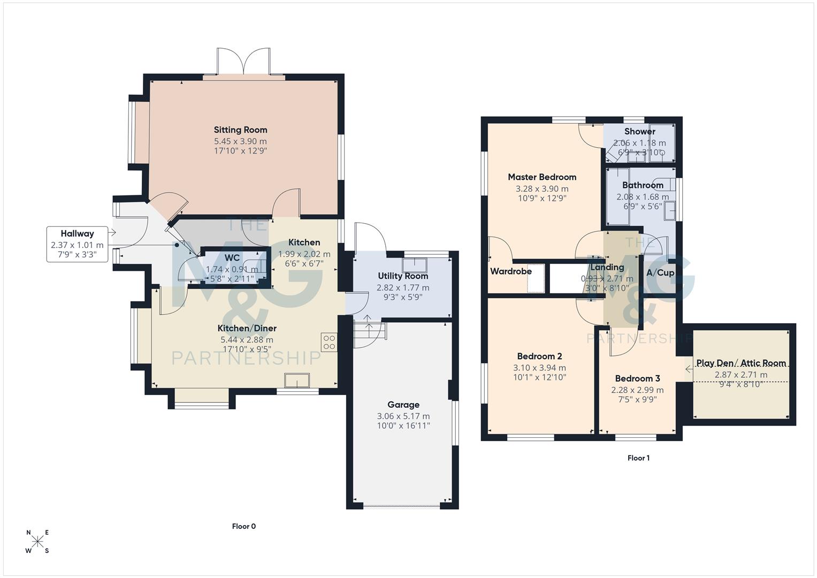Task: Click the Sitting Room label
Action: click(x=240, y=130)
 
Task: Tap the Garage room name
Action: click(x=403, y=405)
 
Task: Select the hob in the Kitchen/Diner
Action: click(x=329, y=342)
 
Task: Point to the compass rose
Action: click(x=37, y=542)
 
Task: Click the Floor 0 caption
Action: click(x=244, y=526)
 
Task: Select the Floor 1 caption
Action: click(x=638, y=458)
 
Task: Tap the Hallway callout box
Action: click(x=77, y=244)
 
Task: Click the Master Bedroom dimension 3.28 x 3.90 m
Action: click(x=542, y=188)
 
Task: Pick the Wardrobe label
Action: click(x=511, y=271)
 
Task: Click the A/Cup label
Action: click(x=660, y=272)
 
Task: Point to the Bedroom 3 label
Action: click(x=637, y=378)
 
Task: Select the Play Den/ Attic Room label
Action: click(x=741, y=363)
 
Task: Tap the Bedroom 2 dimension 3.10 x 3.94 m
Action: click(x=539, y=368)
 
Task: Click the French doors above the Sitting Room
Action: click(x=243, y=63)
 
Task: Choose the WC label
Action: click(x=232, y=258)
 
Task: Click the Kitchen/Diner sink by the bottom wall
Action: click(x=297, y=380)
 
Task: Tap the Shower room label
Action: click(x=639, y=131)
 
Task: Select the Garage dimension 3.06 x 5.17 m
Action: click(x=403, y=416)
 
